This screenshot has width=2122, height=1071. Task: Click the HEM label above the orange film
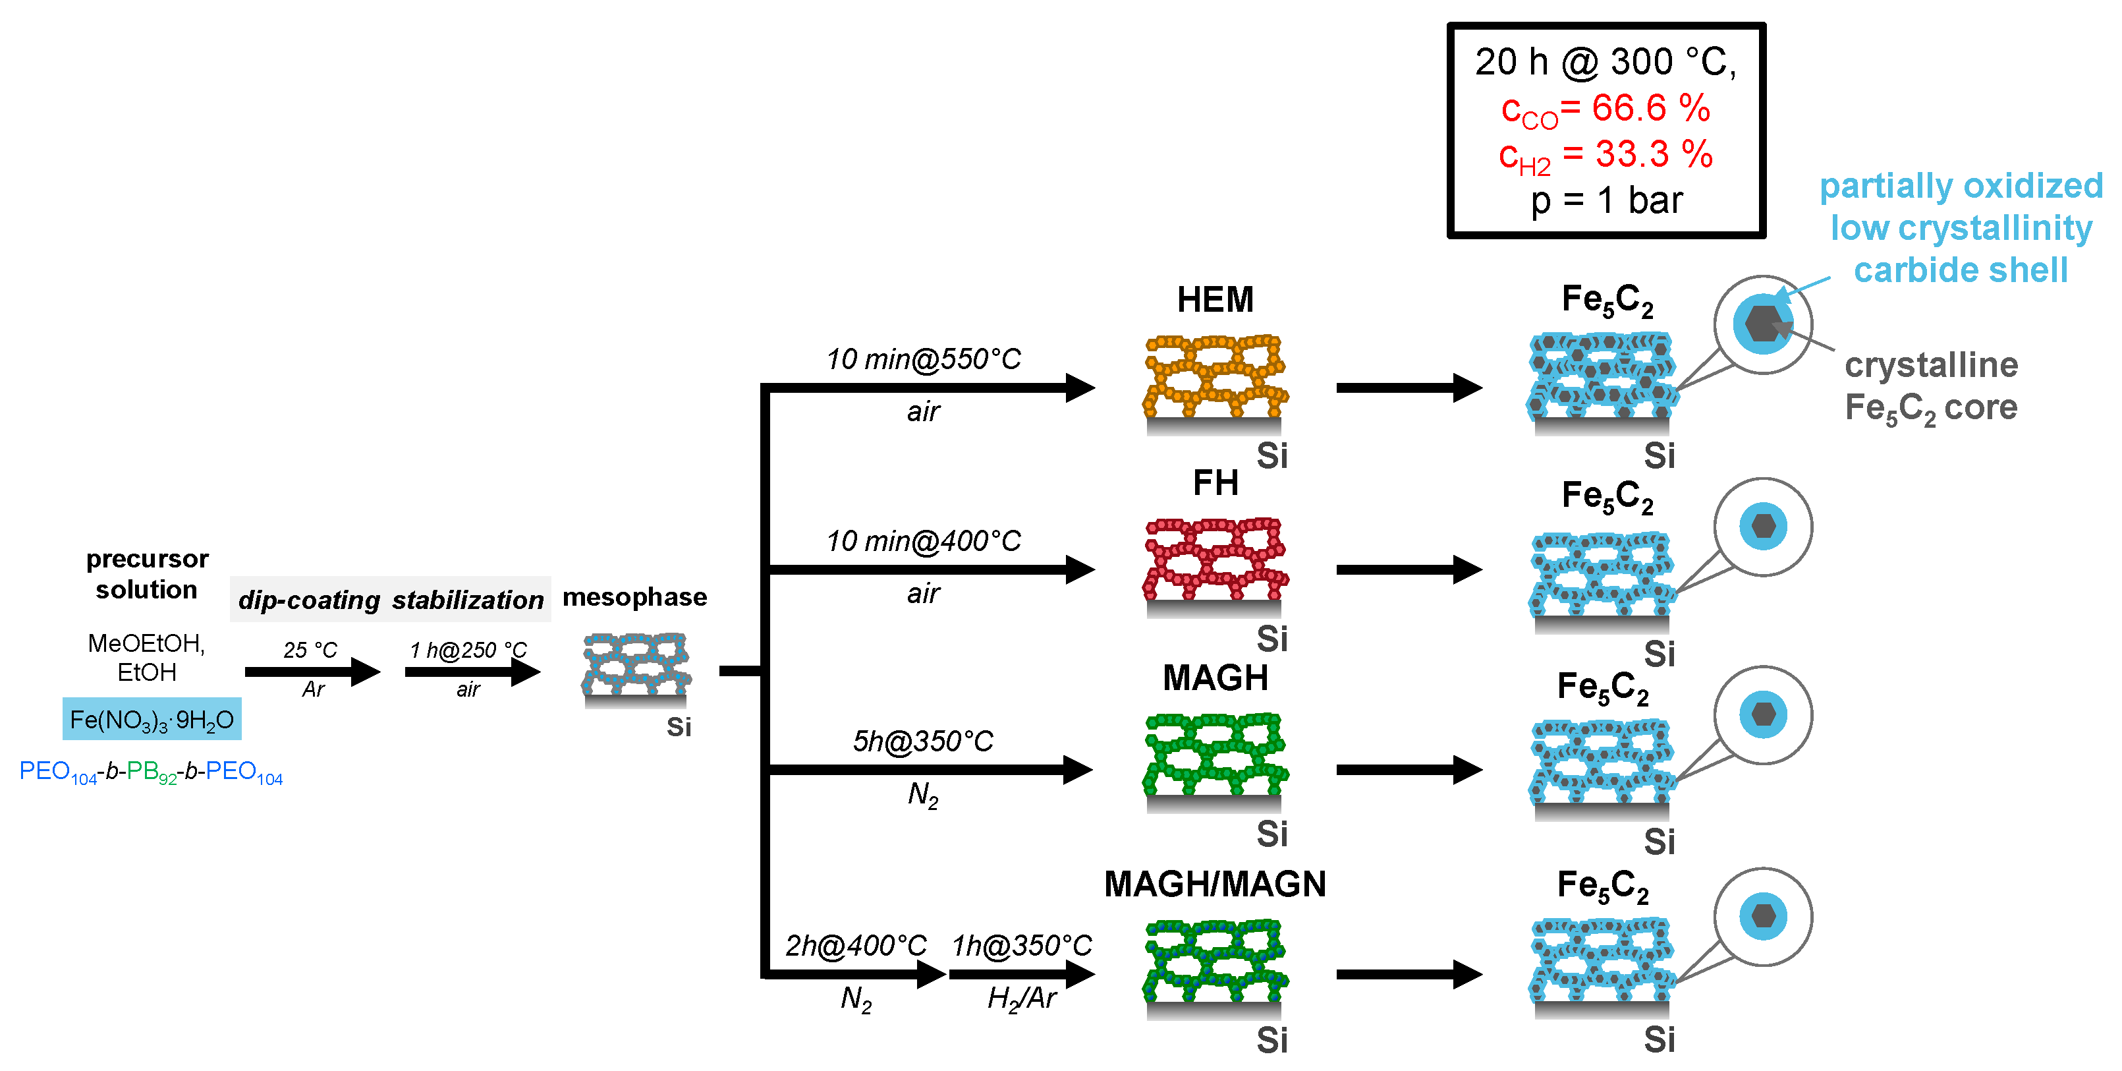(1214, 300)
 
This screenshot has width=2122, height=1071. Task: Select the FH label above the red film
(1215, 482)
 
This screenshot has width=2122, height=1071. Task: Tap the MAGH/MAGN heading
(1214, 884)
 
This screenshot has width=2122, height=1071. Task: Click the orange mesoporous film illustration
(1214, 376)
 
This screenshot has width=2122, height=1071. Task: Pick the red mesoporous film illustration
(1214, 560)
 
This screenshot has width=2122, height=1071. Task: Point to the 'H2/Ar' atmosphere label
(1020, 999)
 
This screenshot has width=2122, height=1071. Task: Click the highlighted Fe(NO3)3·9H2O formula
(152, 720)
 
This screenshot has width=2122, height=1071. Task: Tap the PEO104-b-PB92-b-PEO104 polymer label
(151, 772)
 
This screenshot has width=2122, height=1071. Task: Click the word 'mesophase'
(634, 596)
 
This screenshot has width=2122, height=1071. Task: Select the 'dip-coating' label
(309, 600)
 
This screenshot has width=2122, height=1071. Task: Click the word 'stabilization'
(467, 600)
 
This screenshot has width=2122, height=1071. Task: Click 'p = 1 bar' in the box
(1605, 201)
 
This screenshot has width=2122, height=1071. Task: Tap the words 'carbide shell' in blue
(1960, 270)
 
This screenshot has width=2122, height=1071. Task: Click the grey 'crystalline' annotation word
(1930, 365)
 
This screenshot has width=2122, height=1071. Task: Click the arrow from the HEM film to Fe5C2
(1409, 388)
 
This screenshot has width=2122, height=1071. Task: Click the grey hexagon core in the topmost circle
(1762, 324)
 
